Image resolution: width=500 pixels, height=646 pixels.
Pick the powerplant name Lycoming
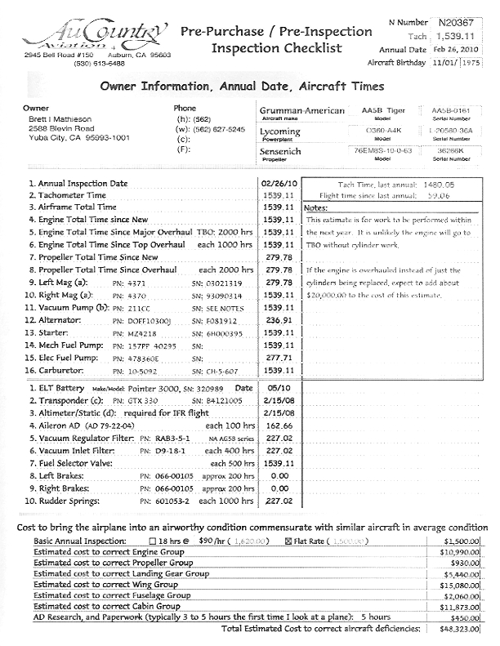click(280, 131)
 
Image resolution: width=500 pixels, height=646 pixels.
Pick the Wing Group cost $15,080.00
click(461, 584)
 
